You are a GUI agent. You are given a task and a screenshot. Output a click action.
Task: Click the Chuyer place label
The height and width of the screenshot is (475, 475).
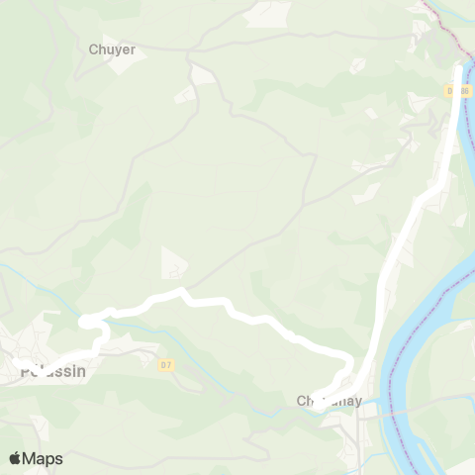tap(112, 49)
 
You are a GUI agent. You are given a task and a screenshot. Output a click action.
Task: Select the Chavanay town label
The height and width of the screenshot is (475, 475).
tap(330, 402)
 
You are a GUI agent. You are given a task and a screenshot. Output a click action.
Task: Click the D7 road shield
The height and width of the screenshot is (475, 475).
tap(166, 365)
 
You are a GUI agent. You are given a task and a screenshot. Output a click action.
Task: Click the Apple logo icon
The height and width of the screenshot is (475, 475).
tap(15, 458)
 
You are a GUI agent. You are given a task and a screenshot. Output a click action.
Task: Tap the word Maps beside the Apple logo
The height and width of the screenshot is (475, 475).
tap(43, 458)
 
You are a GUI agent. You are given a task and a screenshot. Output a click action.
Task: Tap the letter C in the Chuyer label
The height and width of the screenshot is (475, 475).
tap(93, 49)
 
